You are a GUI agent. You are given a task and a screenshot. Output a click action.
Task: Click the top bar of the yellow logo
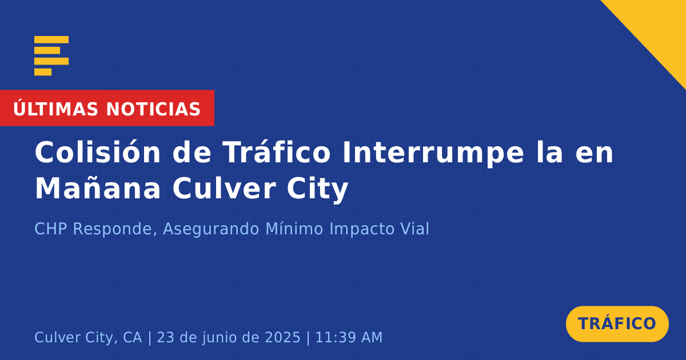(x=51, y=39)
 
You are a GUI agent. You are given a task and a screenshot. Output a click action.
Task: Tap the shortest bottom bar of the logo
(x=43, y=72)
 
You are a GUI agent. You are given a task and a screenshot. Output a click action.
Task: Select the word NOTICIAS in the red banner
(x=153, y=109)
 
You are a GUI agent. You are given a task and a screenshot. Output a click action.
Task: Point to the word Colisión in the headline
(x=98, y=152)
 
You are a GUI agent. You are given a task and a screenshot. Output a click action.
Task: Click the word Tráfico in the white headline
(x=276, y=152)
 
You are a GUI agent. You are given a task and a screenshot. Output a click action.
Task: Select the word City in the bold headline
(x=318, y=189)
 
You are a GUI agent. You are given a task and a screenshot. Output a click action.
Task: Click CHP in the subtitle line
(x=51, y=229)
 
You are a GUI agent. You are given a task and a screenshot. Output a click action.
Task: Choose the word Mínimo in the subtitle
(x=294, y=229)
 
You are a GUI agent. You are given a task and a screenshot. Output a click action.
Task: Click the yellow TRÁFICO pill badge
(x=617, y=323)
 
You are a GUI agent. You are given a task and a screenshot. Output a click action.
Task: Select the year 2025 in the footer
(x=282, y=337)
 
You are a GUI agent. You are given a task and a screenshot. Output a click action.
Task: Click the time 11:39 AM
(x=349, y=337)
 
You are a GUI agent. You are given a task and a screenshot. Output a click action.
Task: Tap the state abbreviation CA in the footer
(x=133, y=337)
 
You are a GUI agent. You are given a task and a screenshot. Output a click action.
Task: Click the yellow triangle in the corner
(x=661, y=25)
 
